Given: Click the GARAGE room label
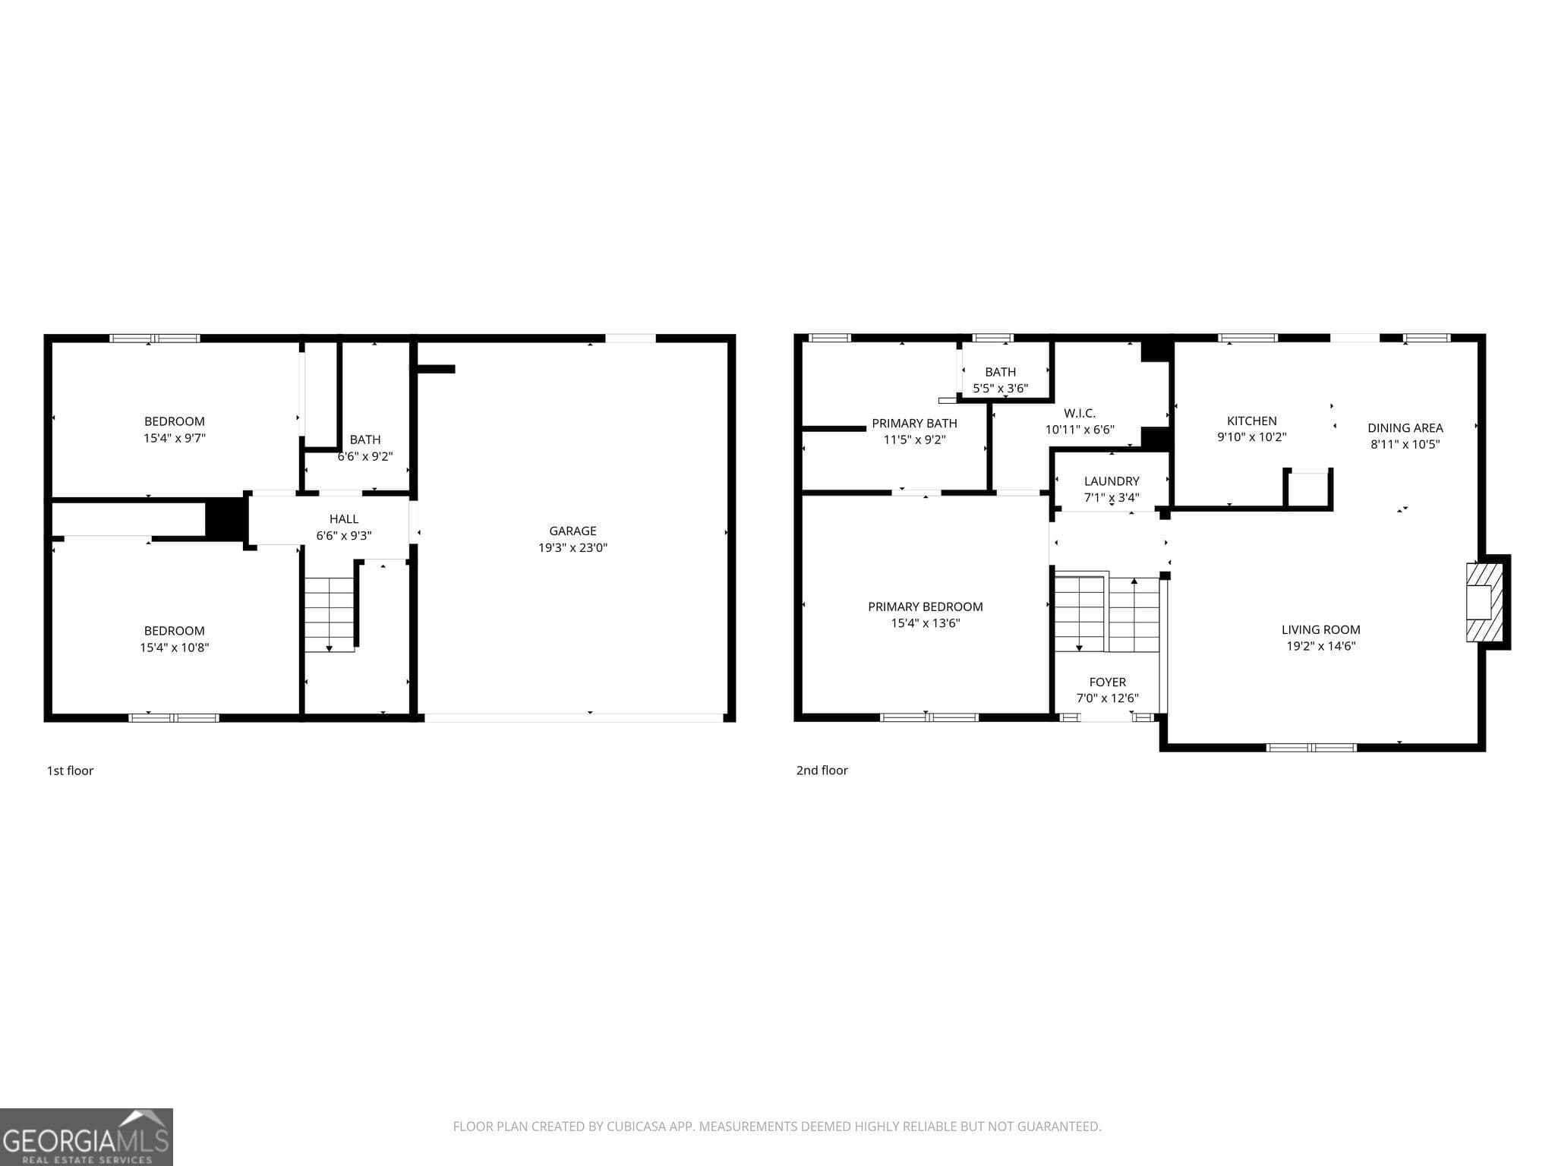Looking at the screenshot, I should pyautogui.click(x=572, y=531).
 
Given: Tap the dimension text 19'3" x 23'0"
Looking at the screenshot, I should pyautogui.click(x=572, y=548).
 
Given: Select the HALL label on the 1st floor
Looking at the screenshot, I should pyautogui.click(x=344, y=519).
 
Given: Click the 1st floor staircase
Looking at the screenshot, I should pyautogui.click(x=330, y=613).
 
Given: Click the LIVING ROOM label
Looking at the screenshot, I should pyautogui.click(x=1320, y=629).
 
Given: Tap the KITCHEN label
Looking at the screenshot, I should pyautogui.click(x=1251, y=421).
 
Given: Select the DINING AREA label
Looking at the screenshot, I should pyautogui.click(x=1405, y=428).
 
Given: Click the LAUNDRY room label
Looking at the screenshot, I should pyautogui.click(x=1111, y=481).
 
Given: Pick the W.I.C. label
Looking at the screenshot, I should pyautogui.click(x=1079, y=413).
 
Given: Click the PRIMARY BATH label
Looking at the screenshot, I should pyautogui.click(x=914, y=424).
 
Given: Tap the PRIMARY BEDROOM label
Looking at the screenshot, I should pyautogui.click(x=925, y=607).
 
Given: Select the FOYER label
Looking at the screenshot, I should pyautogui.click(x=1107, y=682).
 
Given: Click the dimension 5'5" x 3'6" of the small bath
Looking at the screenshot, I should pyautogui.click(x=1000, y=389).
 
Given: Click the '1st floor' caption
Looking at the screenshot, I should pyautogui.click(x=70, y=771).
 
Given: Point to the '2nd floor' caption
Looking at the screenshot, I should pyautogui.click(x=822, y=771).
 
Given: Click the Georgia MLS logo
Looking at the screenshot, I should pyautogui.click(x=86, y=1136).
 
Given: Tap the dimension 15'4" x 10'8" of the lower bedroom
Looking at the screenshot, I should pyautogui.click(x=174, y=648).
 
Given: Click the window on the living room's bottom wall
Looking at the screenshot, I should pyautogui.click(x=1311, y=748).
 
